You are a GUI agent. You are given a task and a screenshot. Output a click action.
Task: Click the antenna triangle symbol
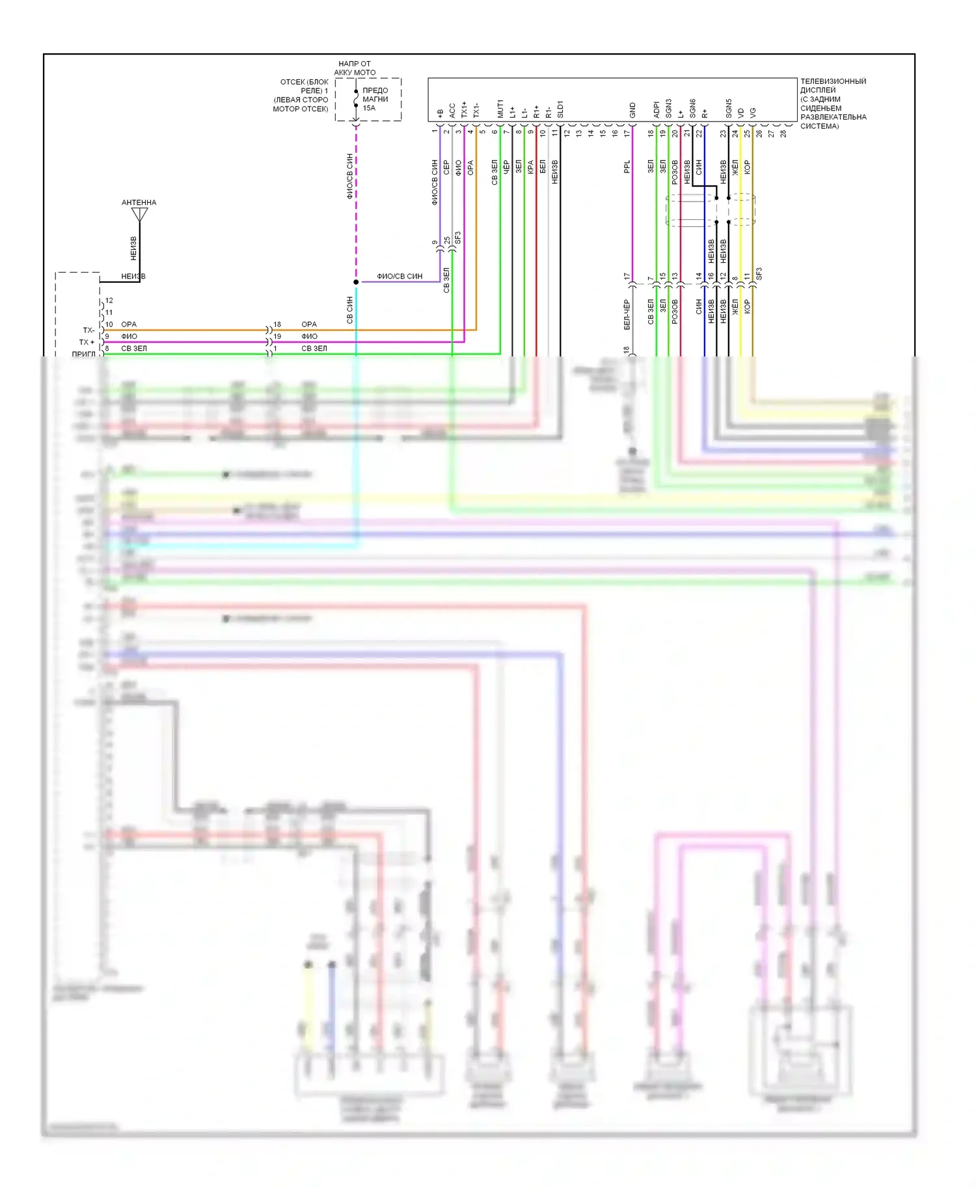point(139,214)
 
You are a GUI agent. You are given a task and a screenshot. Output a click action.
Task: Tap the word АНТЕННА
point(139,202)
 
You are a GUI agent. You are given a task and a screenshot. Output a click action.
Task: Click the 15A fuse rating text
point(369,108)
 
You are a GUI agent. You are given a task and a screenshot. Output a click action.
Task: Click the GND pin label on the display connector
point(632,111)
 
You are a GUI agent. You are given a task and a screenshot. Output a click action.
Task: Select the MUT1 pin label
point(500,109)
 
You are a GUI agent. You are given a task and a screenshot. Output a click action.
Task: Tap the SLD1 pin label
point(560,109)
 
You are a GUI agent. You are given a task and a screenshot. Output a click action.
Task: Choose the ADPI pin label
point(657,109)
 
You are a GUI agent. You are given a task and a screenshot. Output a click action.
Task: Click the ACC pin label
point(452,111)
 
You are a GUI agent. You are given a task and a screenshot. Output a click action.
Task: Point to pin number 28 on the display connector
point(783,133)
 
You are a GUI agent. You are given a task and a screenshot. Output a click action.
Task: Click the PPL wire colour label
point(627,167)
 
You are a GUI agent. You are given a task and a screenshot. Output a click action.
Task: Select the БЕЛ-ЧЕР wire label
point(627,315)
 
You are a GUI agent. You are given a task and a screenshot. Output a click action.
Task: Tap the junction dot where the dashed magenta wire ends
point(356,282)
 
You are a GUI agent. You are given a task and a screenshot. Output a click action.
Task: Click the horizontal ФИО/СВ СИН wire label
point(400,276)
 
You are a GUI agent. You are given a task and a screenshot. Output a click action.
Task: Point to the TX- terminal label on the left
point(88,330)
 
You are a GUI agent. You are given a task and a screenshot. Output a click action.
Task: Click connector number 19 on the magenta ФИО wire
point(277,336)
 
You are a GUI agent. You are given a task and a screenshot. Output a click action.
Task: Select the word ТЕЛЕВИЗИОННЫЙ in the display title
point(833,81)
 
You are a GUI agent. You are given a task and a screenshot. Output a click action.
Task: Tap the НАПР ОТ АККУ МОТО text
point(355,68)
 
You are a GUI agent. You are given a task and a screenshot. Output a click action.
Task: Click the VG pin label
point(753,113)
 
